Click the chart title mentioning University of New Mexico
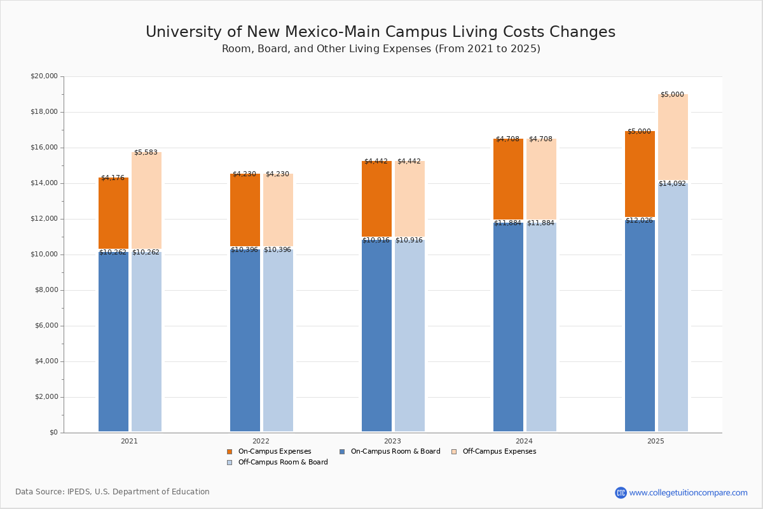tap(380, 32)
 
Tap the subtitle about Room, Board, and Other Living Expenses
tap(381, 49)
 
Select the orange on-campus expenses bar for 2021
tap(113, 213)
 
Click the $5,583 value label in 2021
tap(146, 153)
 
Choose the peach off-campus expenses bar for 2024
tap(541, 179)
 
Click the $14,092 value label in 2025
tap(672, 184)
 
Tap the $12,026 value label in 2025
tap(639, 221)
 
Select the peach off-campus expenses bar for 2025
tap(673, 137)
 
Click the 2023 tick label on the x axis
tap(392, 441)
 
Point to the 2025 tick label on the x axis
tap(656, 441)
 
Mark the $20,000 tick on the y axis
tap(44, 76)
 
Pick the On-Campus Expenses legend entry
tap(269, 452)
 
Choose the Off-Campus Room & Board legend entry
tap(277, 463)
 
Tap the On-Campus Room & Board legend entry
tap(390, 452)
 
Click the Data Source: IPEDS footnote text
tap(113, 492)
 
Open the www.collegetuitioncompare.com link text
tap(688, 492)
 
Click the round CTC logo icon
tap(621, 492)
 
